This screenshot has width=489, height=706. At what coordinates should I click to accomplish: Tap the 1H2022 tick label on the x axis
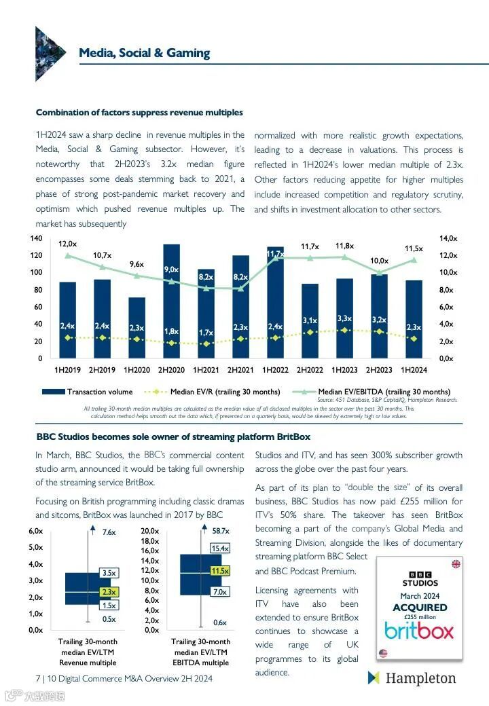tap(275, 370)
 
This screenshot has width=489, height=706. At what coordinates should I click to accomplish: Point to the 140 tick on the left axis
tap(36, 238)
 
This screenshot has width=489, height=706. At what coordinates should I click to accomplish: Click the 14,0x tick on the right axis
tap(449, 238)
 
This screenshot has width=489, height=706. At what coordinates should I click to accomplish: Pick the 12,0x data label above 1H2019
tap(67, 243)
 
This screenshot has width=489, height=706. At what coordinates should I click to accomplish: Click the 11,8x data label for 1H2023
tap(344, 245)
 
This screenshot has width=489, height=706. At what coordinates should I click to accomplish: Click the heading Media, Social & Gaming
tap(144, 53)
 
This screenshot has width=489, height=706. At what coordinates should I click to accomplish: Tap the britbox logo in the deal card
tap(419, 631)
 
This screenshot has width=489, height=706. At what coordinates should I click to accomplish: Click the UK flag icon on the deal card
tap(456, 564)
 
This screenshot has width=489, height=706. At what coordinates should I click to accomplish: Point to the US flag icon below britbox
tap(383, 653)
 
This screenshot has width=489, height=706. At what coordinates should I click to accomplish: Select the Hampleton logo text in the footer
tap(420, 677)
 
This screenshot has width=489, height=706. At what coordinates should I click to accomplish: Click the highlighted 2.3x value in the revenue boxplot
tap(109, 592)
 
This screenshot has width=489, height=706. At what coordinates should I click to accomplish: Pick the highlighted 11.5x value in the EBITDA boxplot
tap(219, 571)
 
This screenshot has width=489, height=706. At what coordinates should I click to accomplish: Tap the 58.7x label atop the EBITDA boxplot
tap(221, 531)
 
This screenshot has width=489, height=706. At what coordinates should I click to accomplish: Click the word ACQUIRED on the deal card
tap(420, 607)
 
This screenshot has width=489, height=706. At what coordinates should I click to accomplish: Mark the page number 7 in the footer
tap(37, 678)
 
